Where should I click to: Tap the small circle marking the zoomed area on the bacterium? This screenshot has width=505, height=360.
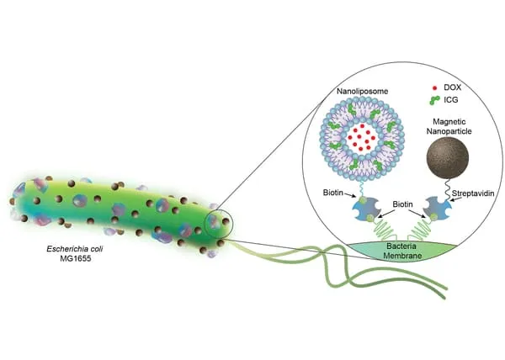219,223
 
